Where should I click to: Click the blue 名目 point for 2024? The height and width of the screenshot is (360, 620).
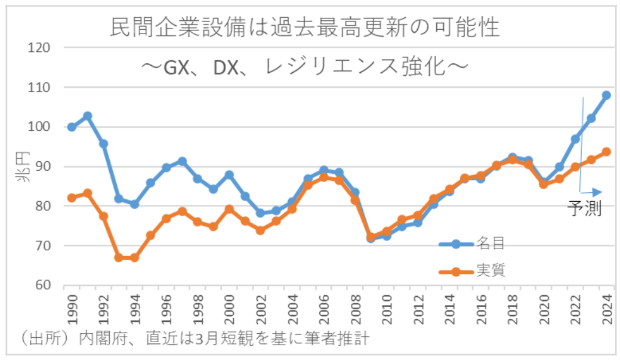pos(606,95)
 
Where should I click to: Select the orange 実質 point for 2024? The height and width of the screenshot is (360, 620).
pos(606,152)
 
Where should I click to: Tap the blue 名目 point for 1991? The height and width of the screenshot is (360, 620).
pos(87,116)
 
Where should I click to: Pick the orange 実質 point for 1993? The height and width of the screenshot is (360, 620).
pos(119,257)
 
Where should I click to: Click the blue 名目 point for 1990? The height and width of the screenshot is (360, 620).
pos(72,127)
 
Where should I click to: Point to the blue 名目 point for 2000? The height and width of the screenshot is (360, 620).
pos(229,174)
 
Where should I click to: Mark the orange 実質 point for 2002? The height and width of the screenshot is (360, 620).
pos(260,230)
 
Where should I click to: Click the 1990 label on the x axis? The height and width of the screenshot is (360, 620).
pos(72,310)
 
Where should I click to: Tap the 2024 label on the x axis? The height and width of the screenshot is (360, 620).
pos(606,310)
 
